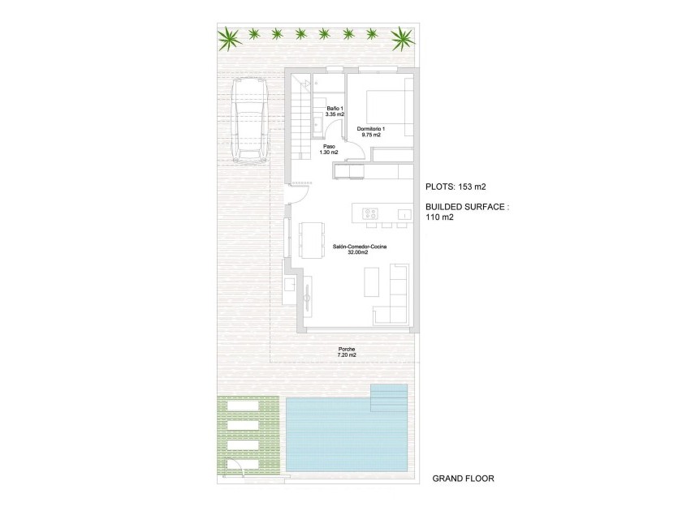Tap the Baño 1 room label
click(x=335, y=111)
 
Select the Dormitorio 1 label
click(x=373, y=131)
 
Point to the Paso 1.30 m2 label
click(x=329, y=150)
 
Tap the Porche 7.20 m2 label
click(x=347, y=353)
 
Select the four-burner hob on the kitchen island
click(x=370, y=213)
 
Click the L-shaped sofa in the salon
click(x=396, y=296)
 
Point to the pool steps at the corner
click(x=391, y=395)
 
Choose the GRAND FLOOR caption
click(x=463, y=479)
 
